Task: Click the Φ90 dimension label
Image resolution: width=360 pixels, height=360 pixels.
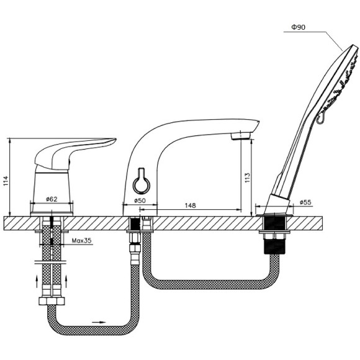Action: (298, 27)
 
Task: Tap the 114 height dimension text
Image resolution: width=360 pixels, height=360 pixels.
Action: (6, 181)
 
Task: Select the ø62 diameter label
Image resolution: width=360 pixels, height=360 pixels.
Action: (52, 199)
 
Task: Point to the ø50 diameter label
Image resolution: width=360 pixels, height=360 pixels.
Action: (140, 200)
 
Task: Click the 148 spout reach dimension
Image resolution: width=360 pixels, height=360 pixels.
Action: (191, 205)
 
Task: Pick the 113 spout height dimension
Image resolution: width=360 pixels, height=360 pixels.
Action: (247, 178)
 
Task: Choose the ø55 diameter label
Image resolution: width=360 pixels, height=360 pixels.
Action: (305, 202)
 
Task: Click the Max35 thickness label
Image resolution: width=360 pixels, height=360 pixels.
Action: (81, 241)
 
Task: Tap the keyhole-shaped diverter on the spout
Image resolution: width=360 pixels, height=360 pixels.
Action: (142, 182)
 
